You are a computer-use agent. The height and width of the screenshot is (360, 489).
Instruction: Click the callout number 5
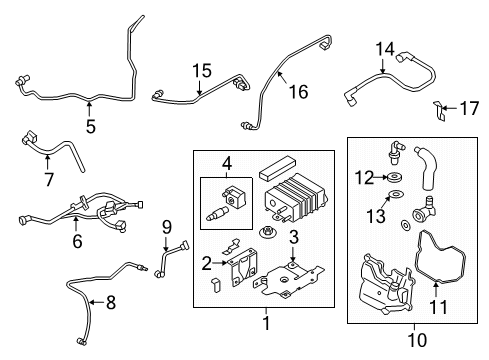[x=90, y=126]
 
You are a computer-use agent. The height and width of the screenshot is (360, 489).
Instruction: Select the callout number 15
[x=203, y=71]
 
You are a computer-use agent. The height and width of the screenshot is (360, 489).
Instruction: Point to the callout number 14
[x=385, y=48]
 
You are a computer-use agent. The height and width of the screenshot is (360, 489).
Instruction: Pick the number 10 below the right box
[x=418, y=340]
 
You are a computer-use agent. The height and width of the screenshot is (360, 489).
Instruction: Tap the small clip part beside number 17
[x=438, y=108]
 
